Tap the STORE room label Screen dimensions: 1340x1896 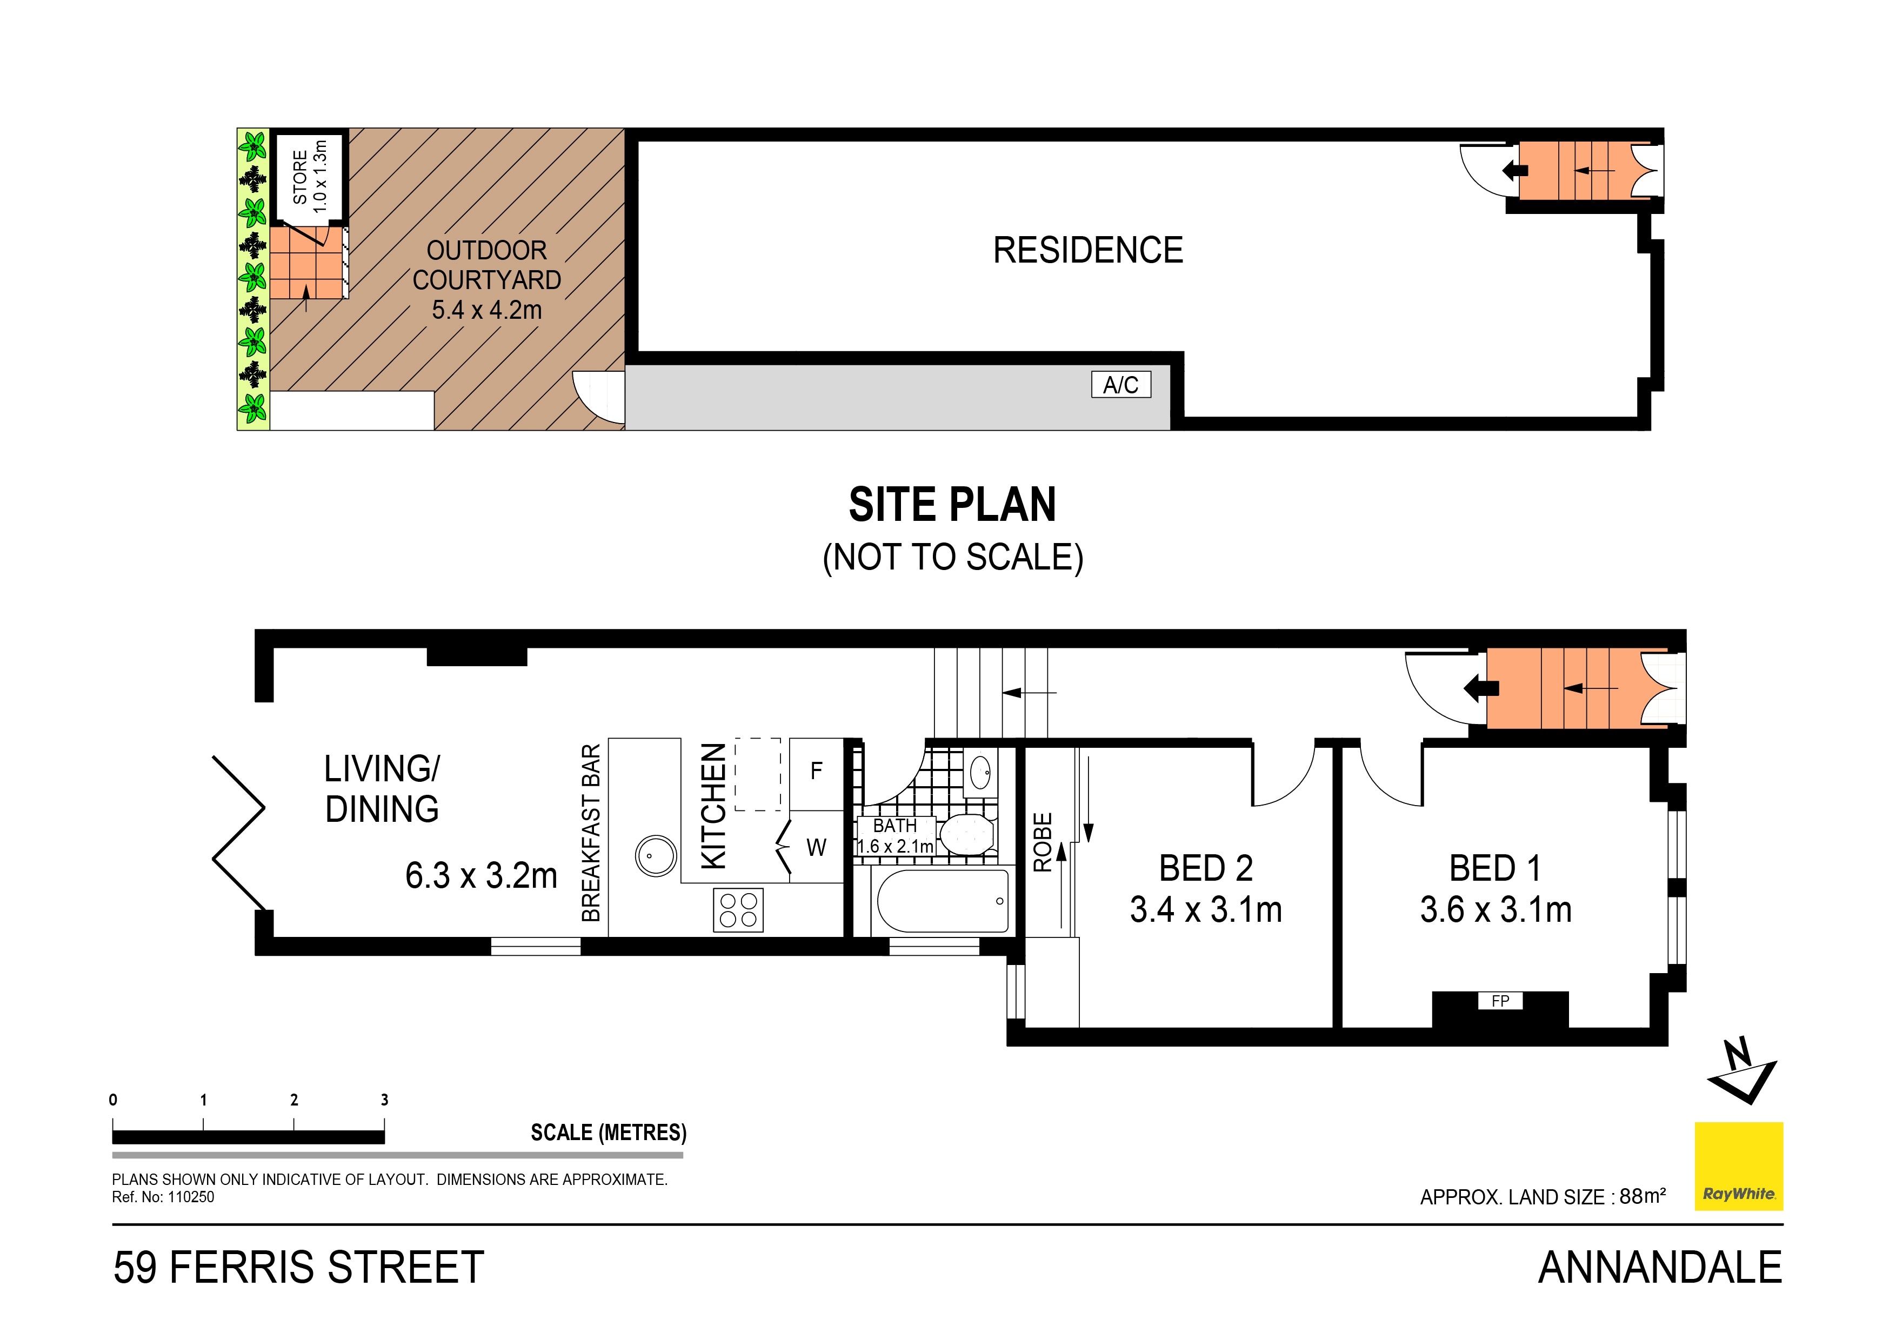(300, 177)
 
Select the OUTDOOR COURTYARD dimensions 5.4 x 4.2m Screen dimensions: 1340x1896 (486, 311)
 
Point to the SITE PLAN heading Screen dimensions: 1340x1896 (952, 505)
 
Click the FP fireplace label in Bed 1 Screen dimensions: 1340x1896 (1500, 1001)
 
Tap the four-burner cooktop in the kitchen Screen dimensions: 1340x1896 (738, 910)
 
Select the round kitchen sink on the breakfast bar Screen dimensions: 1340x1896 (656, 855)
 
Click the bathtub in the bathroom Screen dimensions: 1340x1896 (942, 900)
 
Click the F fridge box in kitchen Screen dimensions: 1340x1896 (816, 770)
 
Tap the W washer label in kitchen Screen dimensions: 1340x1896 (816, 847)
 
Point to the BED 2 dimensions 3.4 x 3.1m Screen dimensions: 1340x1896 (1206, 910)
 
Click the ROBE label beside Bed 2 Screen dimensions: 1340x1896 (1043, 842)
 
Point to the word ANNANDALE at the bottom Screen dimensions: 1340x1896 (1660, 1268)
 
